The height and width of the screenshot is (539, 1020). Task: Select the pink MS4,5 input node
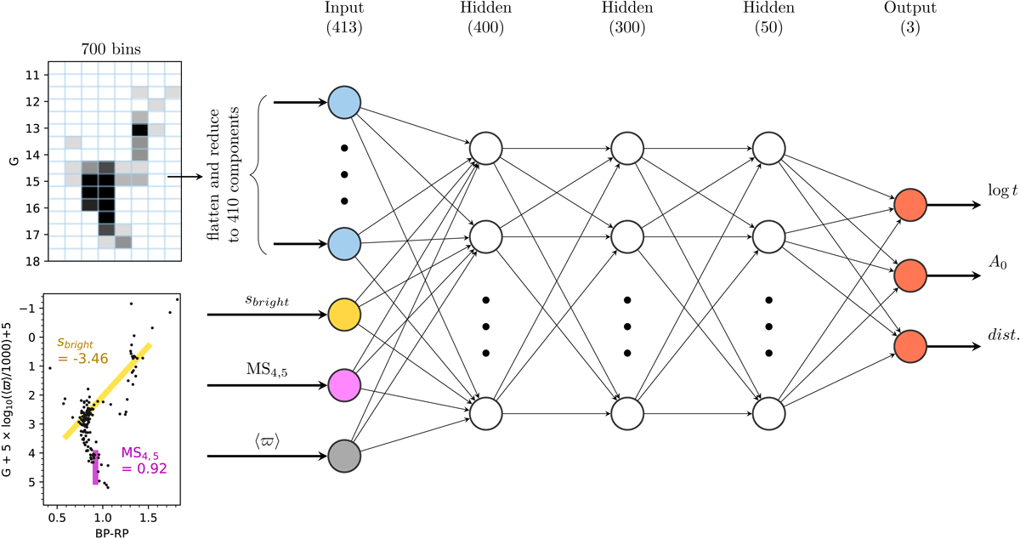click(344, 385)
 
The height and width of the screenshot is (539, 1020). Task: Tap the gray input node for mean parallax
click(344, 456)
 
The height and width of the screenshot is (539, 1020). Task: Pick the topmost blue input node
click(344, 103)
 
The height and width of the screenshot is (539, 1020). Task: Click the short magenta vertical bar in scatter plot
click(96, 468)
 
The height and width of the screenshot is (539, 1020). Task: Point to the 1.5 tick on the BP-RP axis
click(149, 513)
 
